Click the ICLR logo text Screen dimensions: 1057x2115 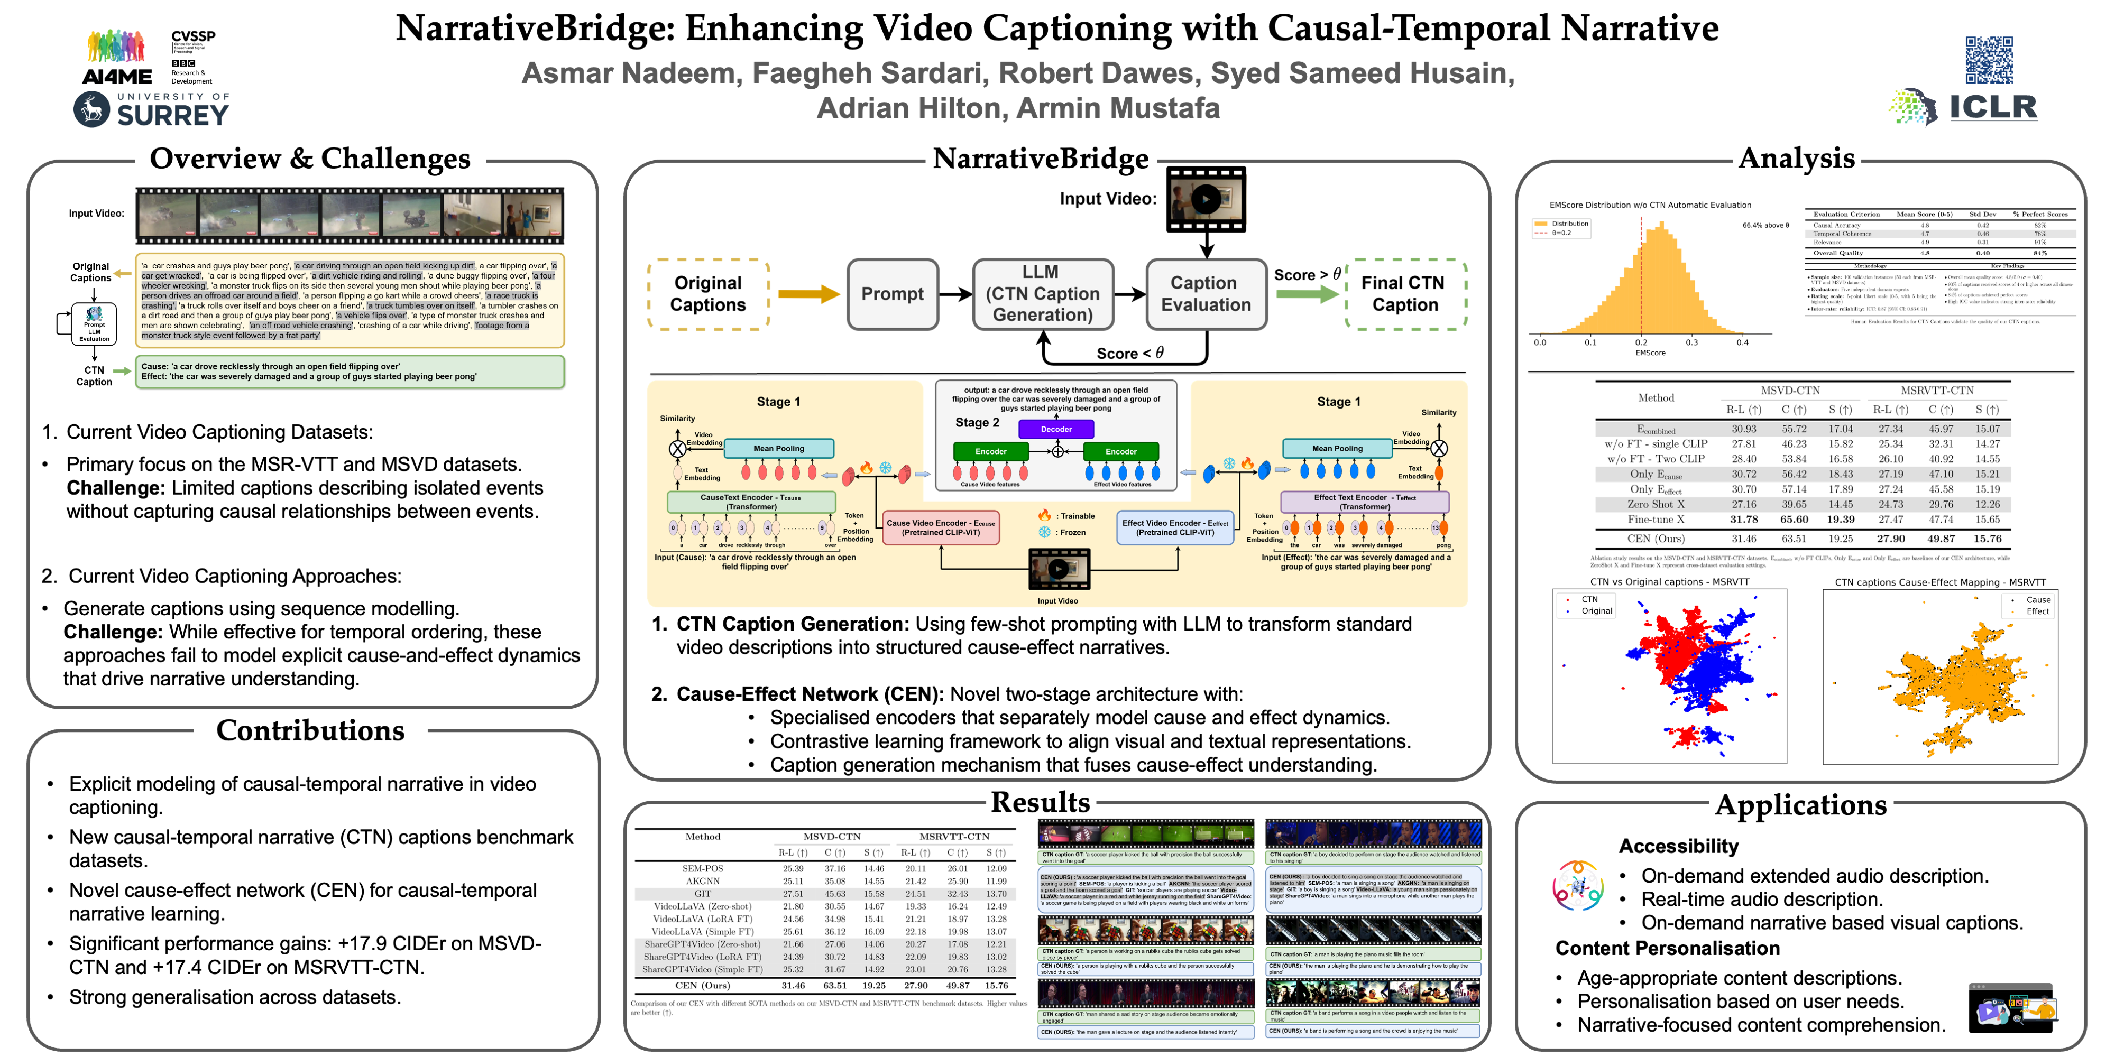point(1993,107)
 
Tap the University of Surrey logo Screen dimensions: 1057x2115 point(151,109)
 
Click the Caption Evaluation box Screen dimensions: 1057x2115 point(1206,294)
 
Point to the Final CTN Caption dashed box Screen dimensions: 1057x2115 point(1405,294)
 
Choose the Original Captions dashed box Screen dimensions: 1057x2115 point(708,294)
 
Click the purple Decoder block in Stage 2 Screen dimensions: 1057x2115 point(1056,429)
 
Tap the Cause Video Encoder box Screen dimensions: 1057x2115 point(941,527)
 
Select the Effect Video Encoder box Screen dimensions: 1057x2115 point(1175,527)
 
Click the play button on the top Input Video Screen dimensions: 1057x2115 point(1206,199)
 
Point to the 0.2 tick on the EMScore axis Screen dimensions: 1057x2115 point(1640,342)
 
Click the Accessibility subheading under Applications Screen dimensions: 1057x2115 point(1678,846)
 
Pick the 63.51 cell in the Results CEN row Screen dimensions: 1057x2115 point(834,986)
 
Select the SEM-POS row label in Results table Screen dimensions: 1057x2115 point(702,868)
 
